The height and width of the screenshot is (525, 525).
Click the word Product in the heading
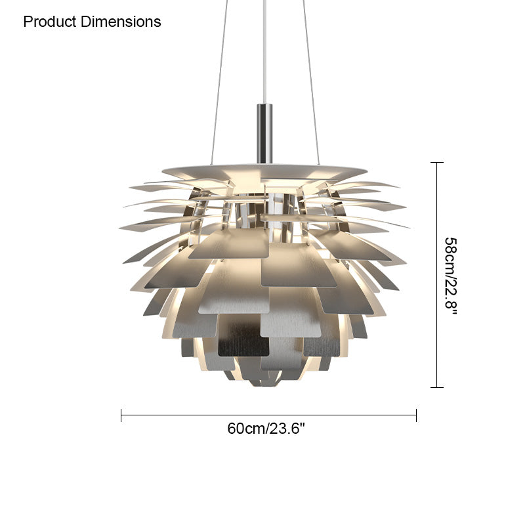[x=50, y=22]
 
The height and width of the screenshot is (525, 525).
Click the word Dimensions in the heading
[x=121, y=22]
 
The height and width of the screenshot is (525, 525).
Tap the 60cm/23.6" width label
[x=266, y=429]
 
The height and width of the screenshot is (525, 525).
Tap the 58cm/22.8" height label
[x=451, y=276]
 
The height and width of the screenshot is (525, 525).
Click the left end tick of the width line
[x=121, y=415]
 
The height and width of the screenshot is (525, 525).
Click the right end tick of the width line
[x=416, y=415]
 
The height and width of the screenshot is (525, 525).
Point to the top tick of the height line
[x=437, y=162]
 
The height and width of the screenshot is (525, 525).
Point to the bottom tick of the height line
[x=437, y=387]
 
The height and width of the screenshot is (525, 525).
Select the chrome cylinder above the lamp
[x=264, y=134]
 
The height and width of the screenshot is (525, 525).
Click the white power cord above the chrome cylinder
[x=264, y=52]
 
